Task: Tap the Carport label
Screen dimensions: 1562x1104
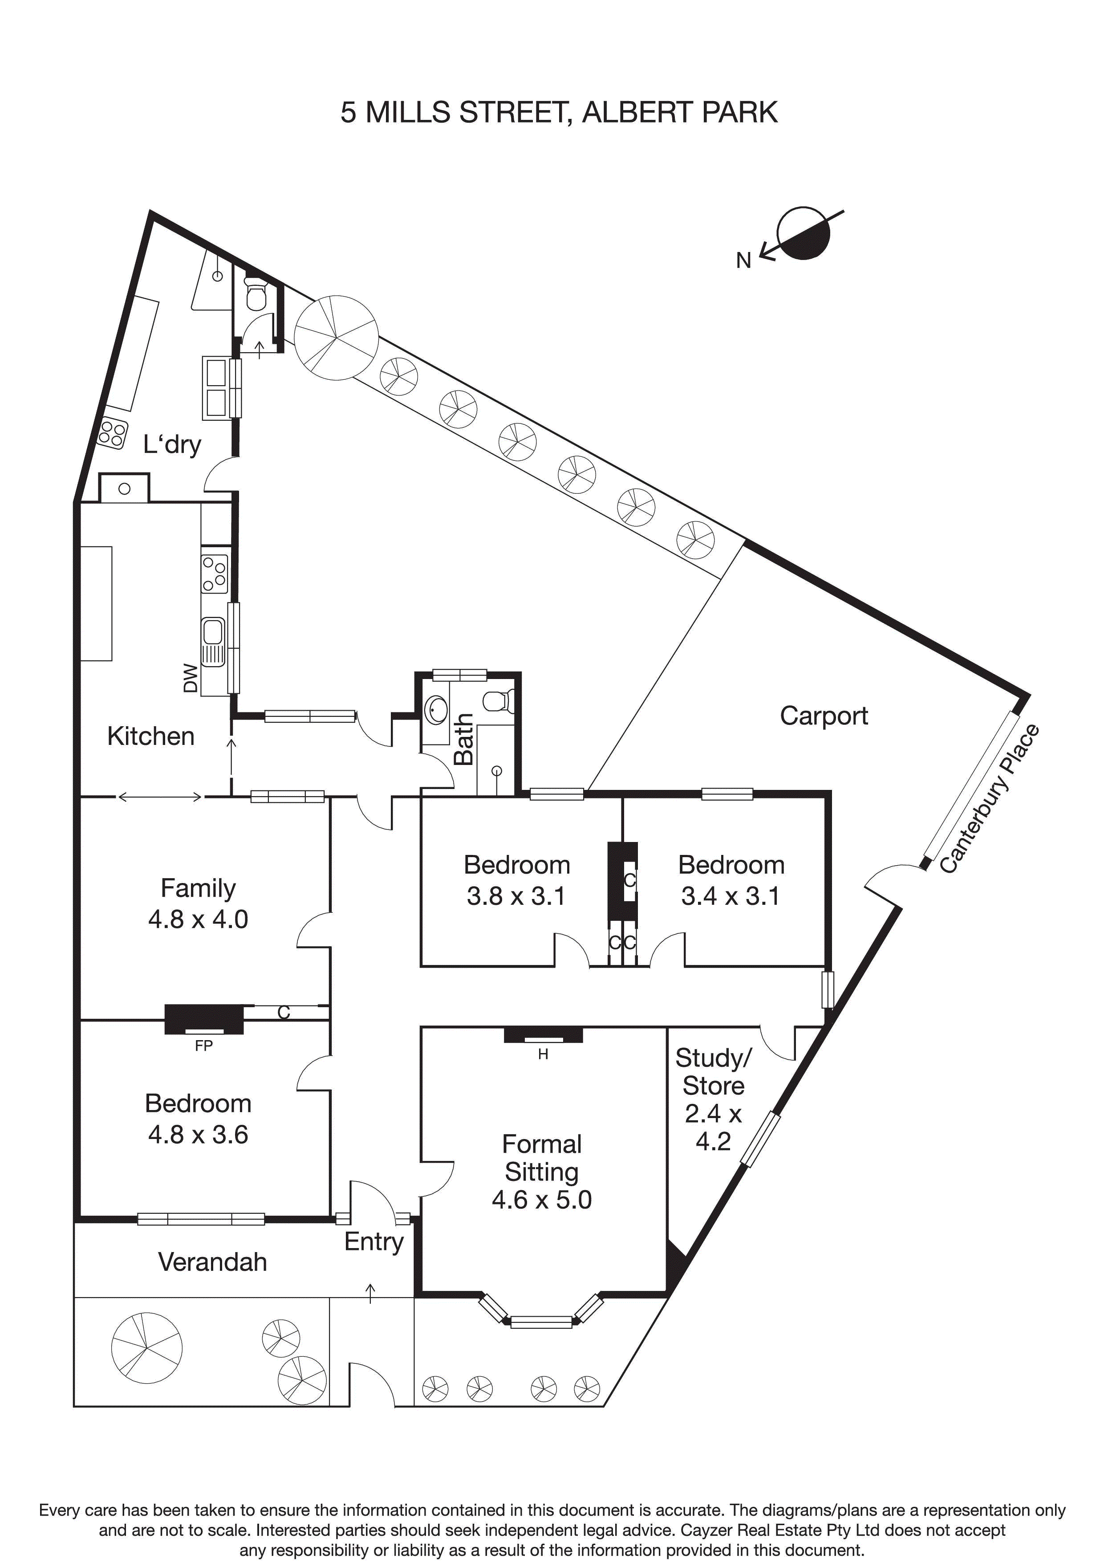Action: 823,716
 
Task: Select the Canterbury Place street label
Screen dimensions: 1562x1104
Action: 990,799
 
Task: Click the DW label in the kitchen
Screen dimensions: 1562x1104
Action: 191,678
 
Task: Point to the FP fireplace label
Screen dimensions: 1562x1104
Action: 203,1045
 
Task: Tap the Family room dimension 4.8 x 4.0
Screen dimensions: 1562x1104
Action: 198,919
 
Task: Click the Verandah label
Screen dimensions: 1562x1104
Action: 212,1262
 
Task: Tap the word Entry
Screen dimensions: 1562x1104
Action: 373,1241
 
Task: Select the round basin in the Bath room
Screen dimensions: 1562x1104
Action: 436,710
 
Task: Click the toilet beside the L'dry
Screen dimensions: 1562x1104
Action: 256,295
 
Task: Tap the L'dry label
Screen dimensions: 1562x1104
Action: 172,444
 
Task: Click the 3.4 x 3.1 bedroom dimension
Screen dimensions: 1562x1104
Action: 731,896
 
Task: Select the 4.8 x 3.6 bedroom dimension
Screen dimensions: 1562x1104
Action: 198,1134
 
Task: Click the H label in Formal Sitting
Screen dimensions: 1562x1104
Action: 543,1054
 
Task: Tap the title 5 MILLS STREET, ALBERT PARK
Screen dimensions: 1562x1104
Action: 559,112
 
